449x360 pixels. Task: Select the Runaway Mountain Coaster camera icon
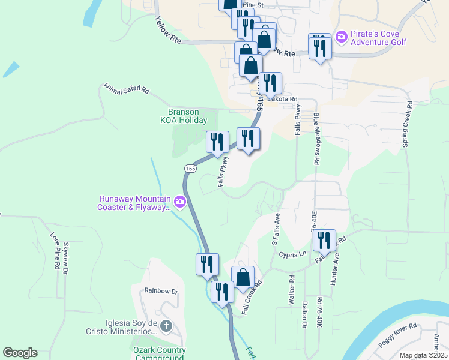point(179,203)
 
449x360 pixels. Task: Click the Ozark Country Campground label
point(159,353)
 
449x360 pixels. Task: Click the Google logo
point(20,353)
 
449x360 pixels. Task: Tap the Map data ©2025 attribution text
point(423,355)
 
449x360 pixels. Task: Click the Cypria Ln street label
point(293,254)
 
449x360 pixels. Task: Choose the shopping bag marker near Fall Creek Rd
point(243,278)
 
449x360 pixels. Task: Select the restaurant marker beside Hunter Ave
point(324,241)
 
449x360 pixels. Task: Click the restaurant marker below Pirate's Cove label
point(319,47)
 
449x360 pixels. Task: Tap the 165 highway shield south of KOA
point(190,169)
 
